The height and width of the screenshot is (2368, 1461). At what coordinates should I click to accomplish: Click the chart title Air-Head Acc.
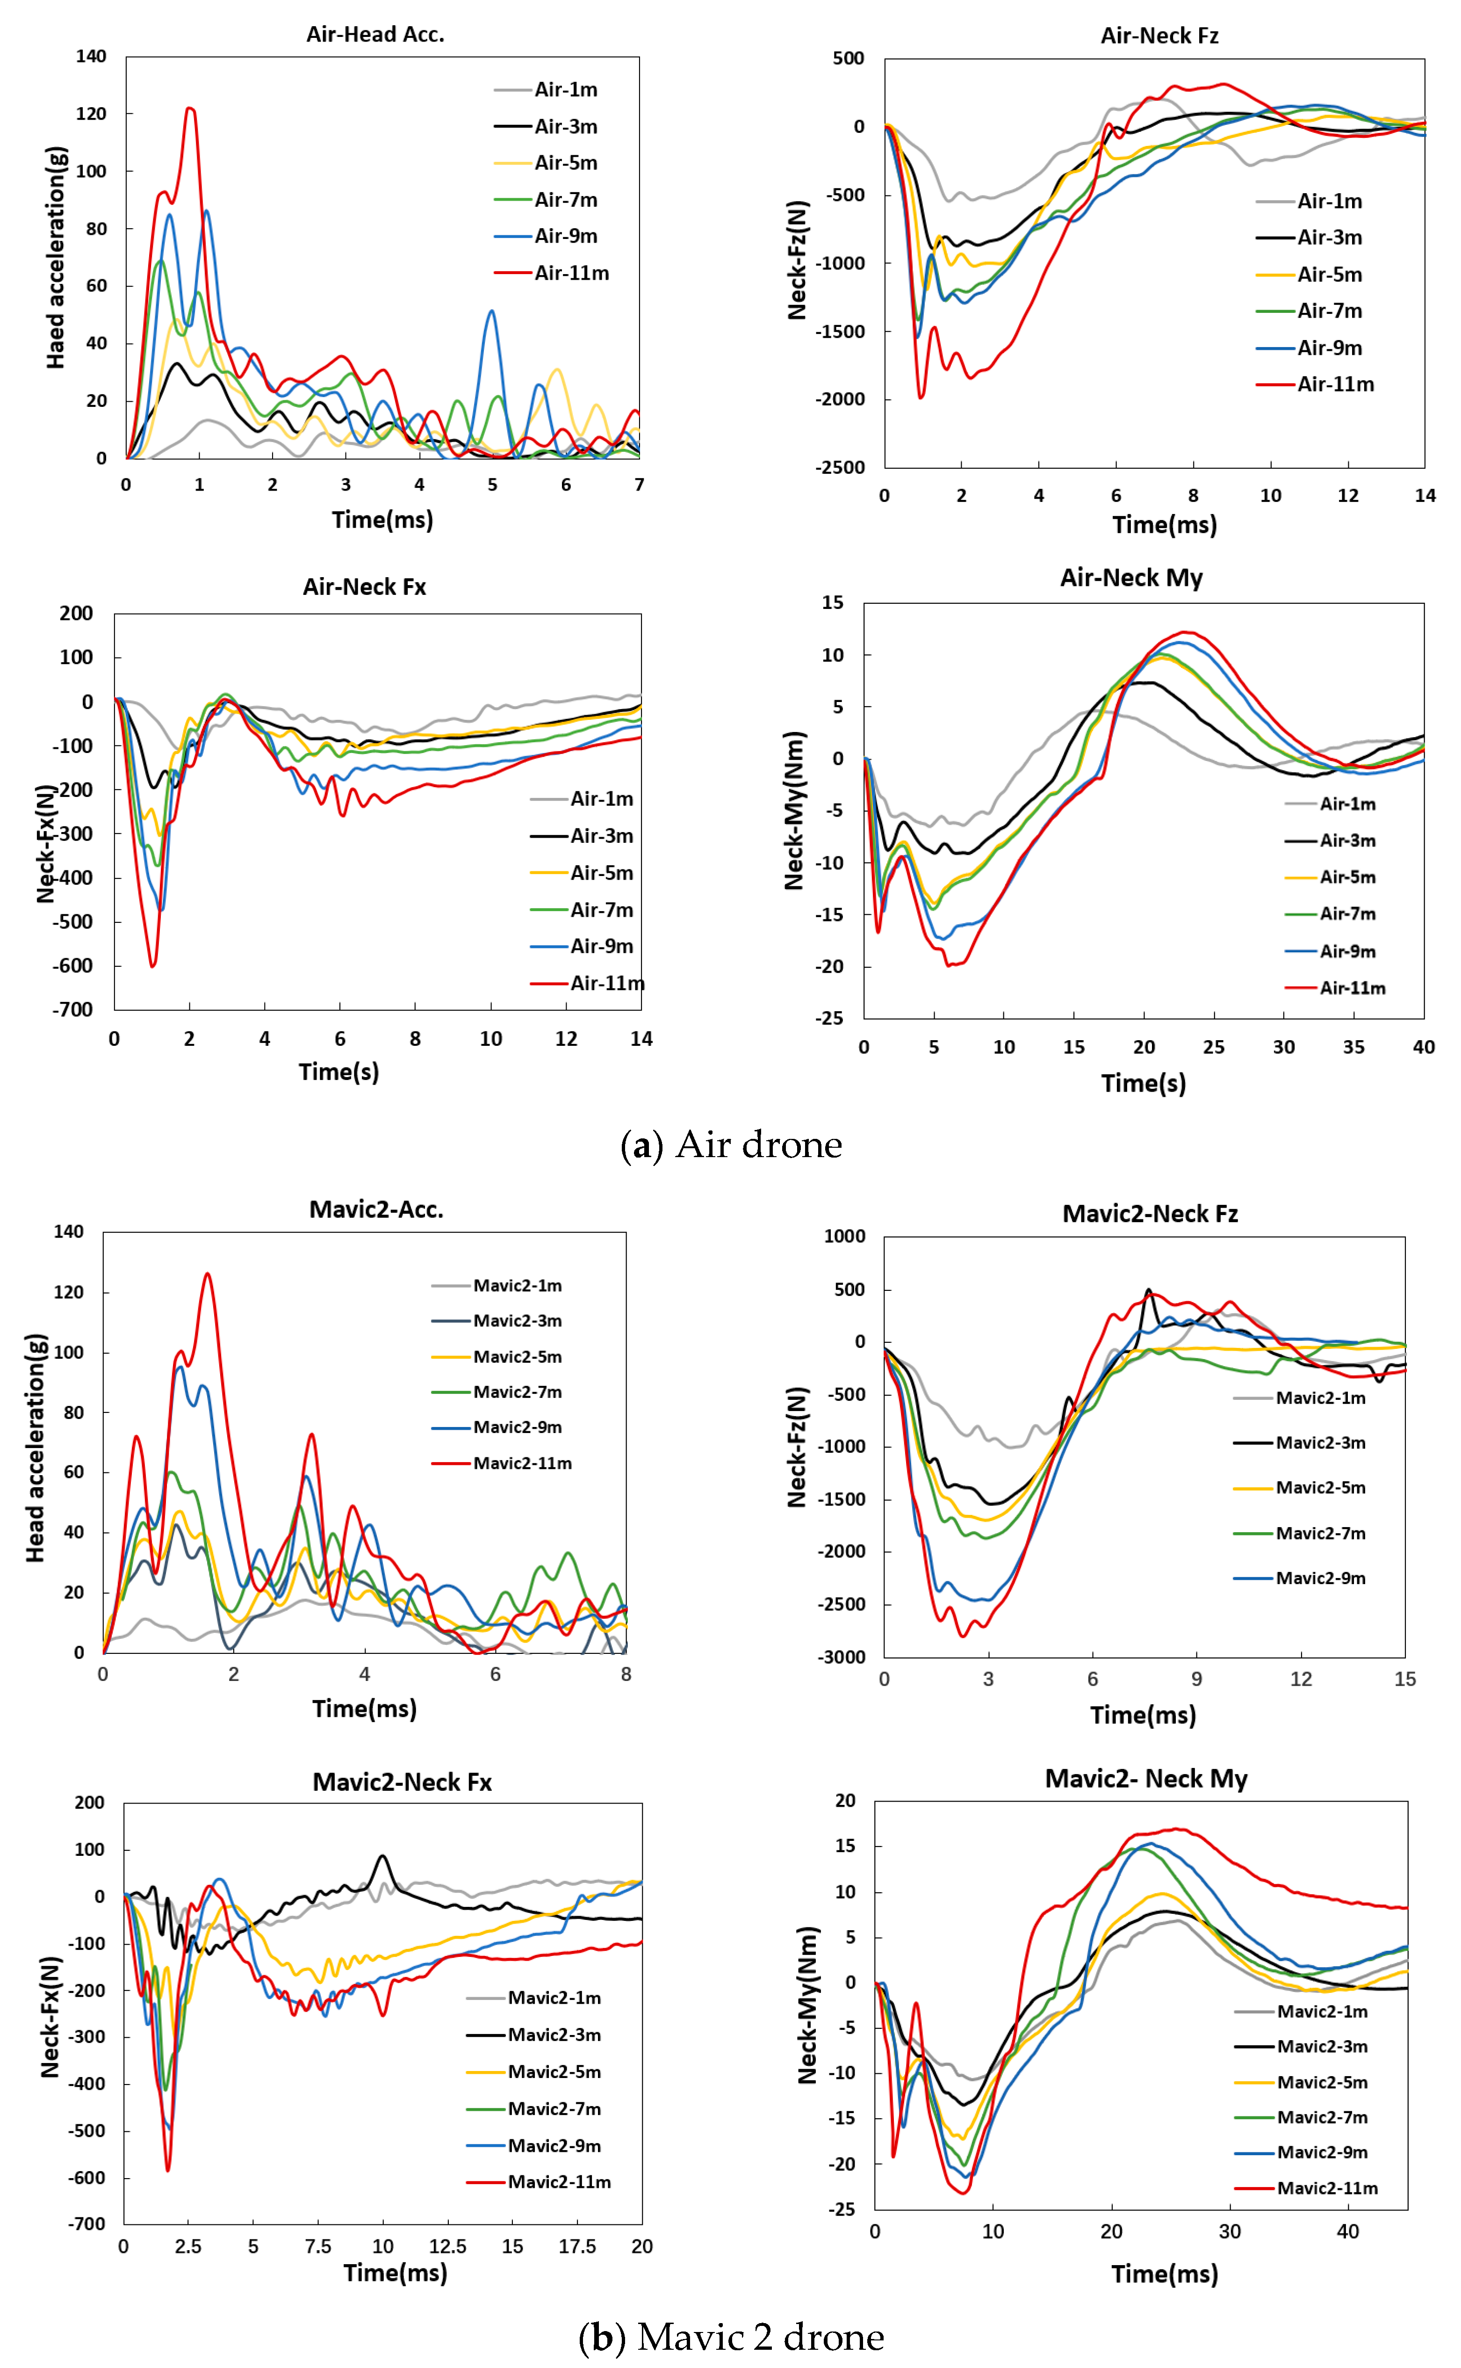[x=375, y=35]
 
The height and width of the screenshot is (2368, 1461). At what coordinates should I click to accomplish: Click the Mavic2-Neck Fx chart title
[x=402, y=1782]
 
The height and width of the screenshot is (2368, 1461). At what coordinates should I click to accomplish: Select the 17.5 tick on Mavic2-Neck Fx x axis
[x=577, y=2246]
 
